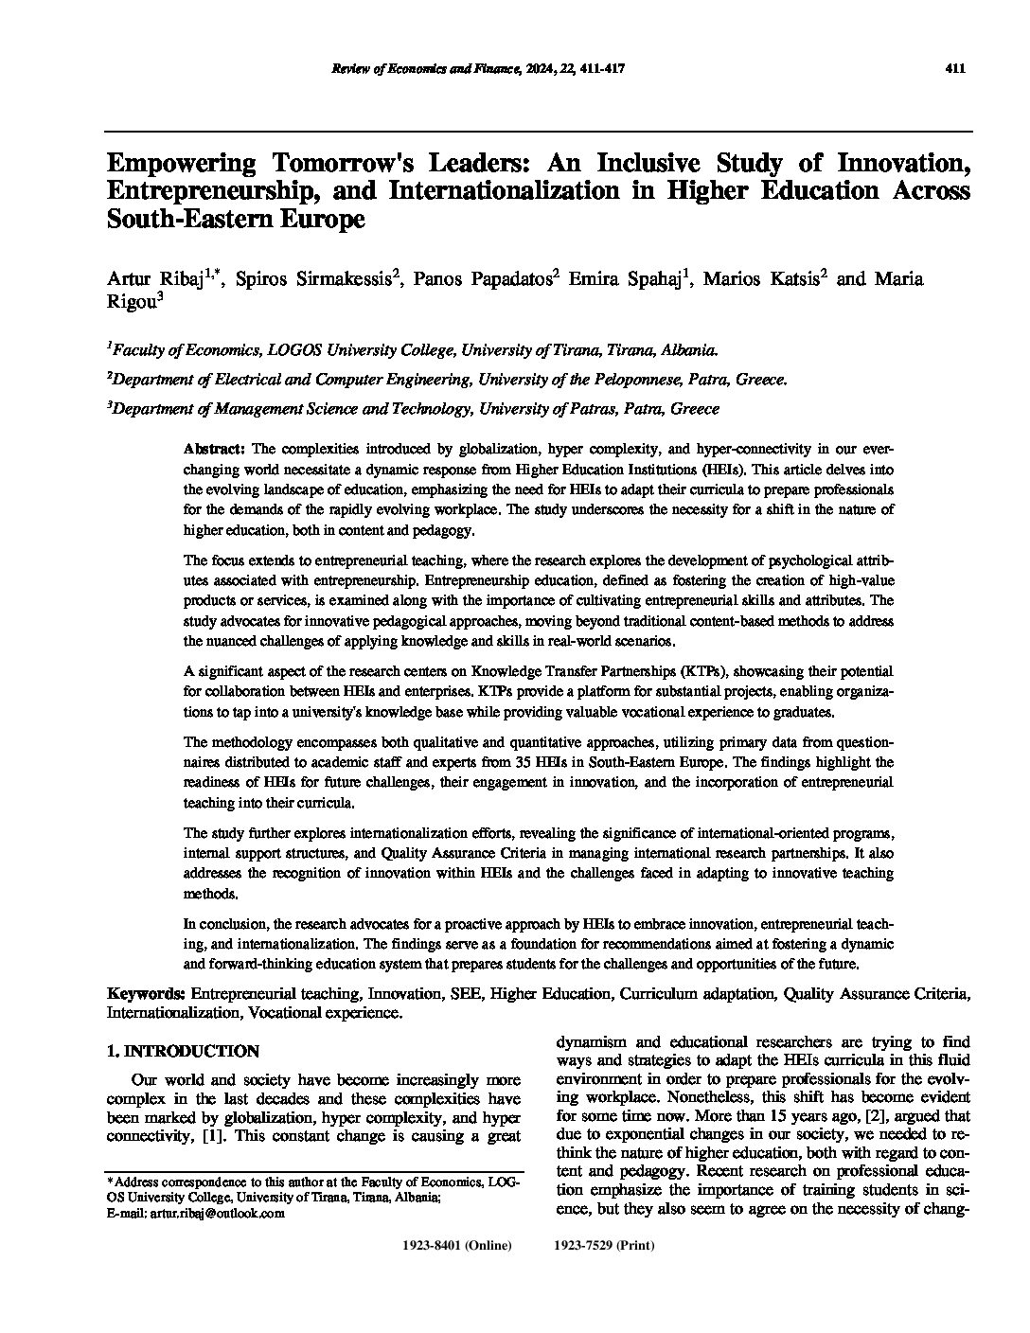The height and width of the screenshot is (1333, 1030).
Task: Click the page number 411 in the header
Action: coord(954,68)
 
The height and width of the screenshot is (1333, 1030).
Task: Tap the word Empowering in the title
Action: coord(182,163)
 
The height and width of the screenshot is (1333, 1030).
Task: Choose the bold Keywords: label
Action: coord(146,993)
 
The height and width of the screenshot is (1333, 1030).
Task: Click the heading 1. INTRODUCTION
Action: coord(183,1051)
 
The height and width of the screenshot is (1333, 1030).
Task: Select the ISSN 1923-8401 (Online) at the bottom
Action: coord(457,1246)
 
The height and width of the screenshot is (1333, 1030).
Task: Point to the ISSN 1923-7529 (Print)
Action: coord(603,1246)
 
